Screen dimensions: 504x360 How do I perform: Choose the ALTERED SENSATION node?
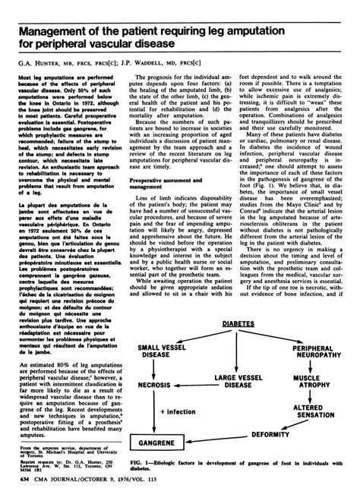[x=309, y=414]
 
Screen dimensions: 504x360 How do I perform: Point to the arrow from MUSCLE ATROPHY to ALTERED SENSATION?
[x=309, y=395]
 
